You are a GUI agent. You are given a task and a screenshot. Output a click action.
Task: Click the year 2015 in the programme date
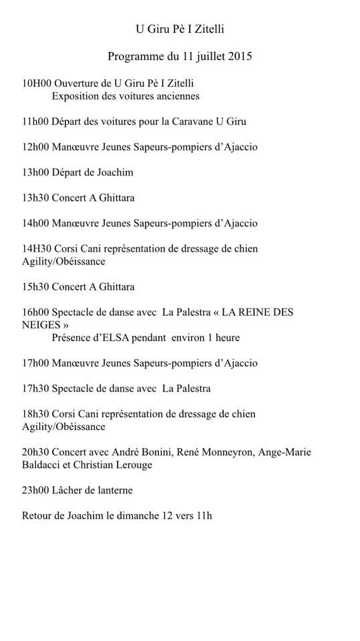click(238, 57)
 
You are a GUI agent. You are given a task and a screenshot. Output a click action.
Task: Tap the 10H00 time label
click(35, 83)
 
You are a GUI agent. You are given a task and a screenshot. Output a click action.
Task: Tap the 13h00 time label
click(35, 172)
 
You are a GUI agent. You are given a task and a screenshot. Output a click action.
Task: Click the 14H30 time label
click(35, 248)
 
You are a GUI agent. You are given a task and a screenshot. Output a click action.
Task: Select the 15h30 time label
click(35, 287)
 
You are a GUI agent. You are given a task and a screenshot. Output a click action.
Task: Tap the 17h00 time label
click(35, 363)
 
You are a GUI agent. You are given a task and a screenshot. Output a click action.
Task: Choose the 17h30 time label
click(35, 389)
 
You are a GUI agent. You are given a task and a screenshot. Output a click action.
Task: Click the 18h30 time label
click(35, 414)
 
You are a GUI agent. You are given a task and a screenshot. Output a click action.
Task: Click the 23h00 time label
click(35, 490)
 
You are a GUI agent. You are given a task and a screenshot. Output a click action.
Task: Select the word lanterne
click(111, 490)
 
